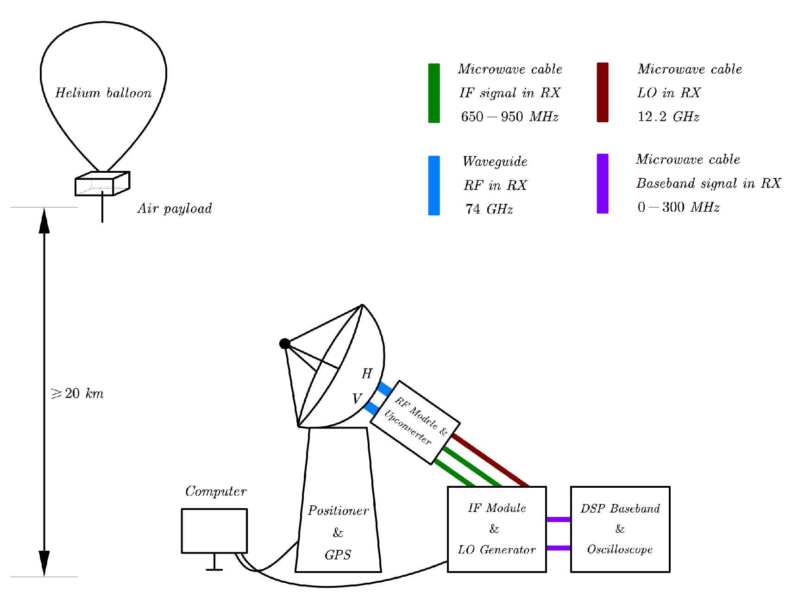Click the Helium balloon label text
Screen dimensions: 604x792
(x=103, y=93)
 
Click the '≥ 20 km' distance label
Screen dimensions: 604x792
(x=77, y=394)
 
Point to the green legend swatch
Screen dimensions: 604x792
(x=434, y=93)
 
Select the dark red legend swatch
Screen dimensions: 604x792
(x=603, y=92)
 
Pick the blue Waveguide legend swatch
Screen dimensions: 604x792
(x=434, y=185)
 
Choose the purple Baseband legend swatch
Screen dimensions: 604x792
(x=603, y=183)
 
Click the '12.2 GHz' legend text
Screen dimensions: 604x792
(x=668, y=117)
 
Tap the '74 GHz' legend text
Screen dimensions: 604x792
(x=489, y=209)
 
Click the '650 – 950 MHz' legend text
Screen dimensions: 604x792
(x=509, y=117)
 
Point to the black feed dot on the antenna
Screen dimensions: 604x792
(x=285, y=344)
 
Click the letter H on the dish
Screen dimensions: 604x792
(x=367, y=374)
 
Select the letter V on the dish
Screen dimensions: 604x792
(x=357, y=399)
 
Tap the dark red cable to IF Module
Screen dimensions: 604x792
(x=491, y=460)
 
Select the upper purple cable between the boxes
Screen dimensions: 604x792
(x=558, y=520)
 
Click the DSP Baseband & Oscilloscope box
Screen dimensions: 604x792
(x=620, y=529)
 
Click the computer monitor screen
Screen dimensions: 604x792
(x=214, y=531)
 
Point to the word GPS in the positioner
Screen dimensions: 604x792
(x=338, y=555)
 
